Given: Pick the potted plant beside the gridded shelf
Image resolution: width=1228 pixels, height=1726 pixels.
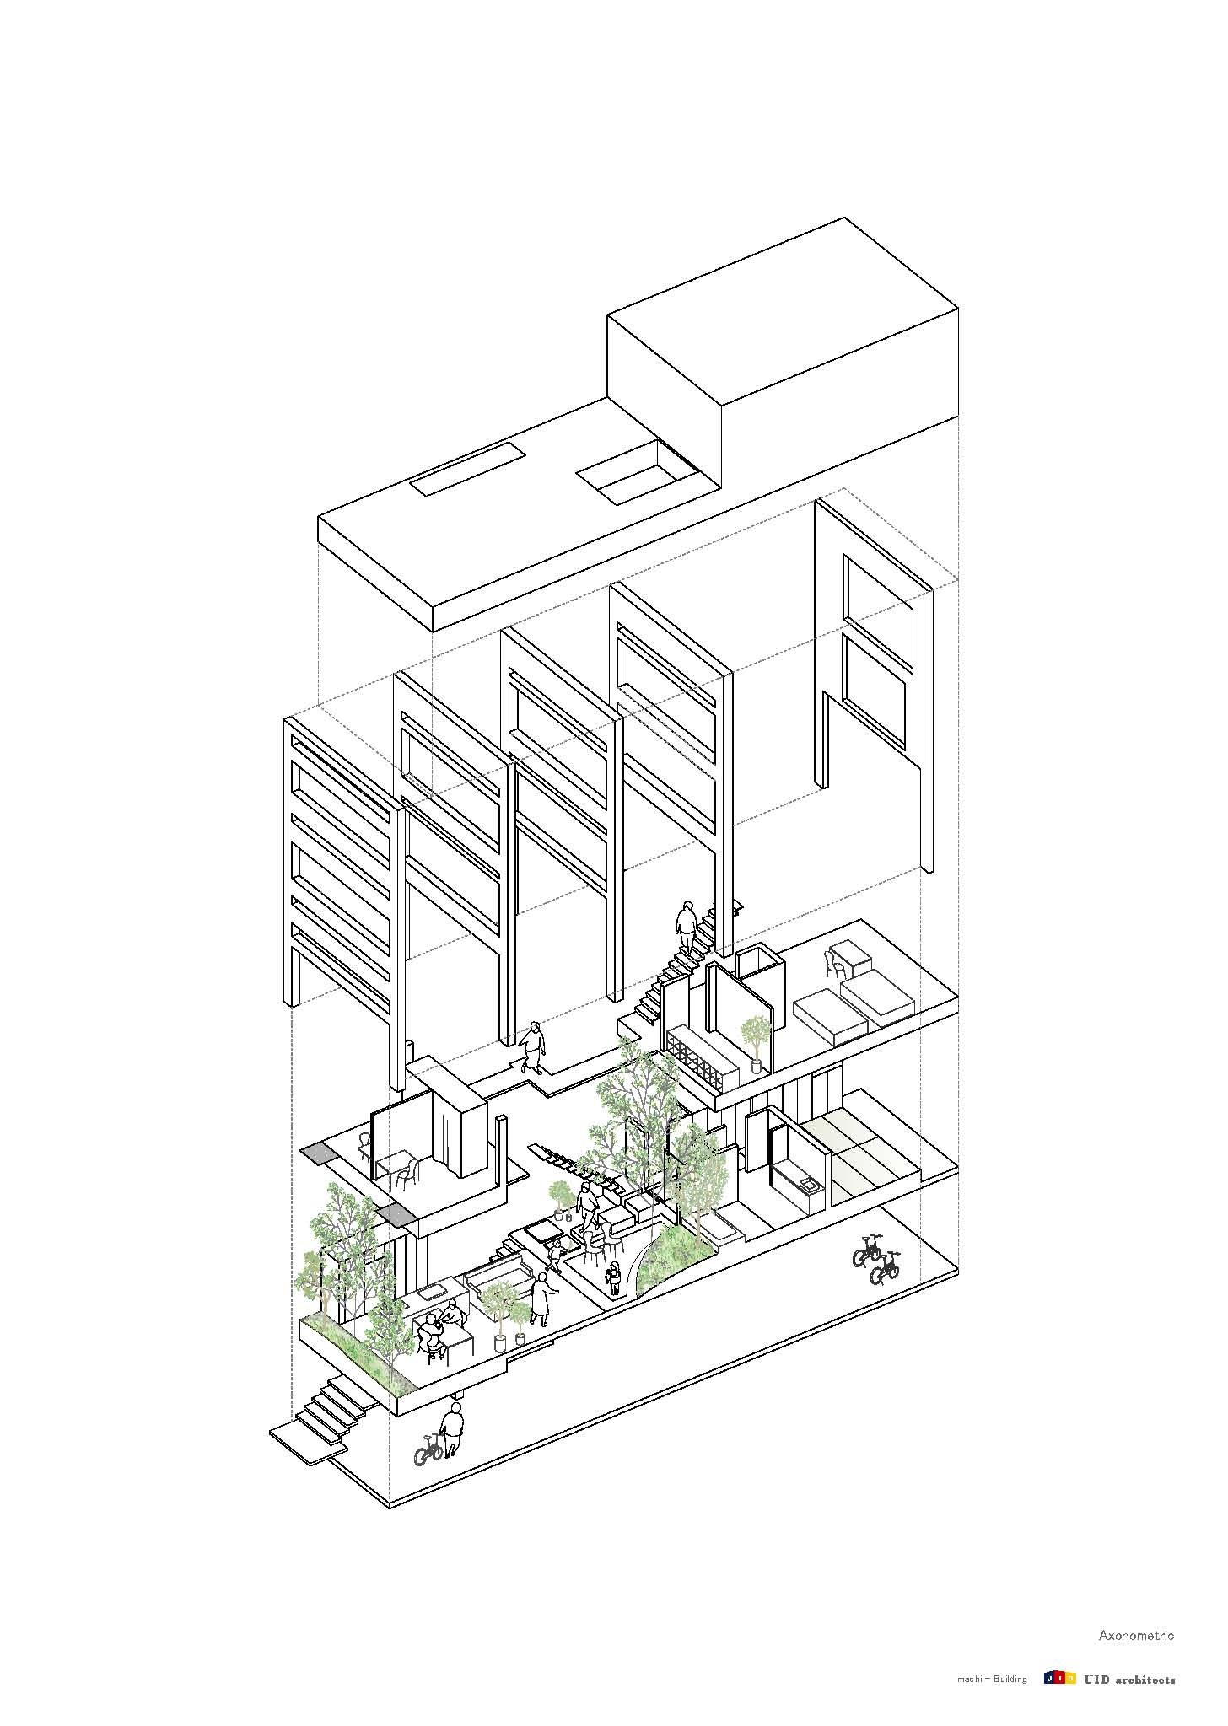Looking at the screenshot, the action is [755, 1043].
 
